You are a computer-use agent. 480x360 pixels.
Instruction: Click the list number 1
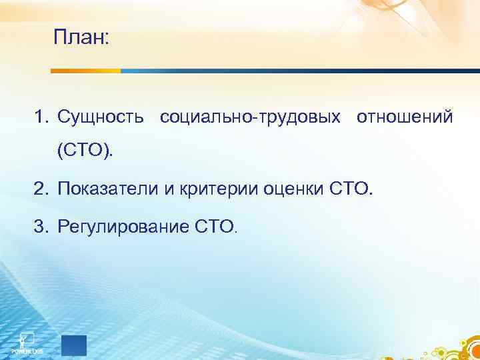coord(42,118)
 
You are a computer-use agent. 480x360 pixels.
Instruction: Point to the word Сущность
coord(100,118)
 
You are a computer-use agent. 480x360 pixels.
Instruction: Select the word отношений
coord(405,118)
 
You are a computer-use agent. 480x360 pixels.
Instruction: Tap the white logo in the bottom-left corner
coord(27,341)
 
